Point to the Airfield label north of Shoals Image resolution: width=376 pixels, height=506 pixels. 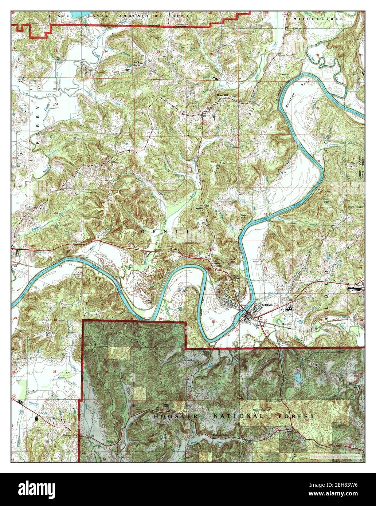pos(256,261)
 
